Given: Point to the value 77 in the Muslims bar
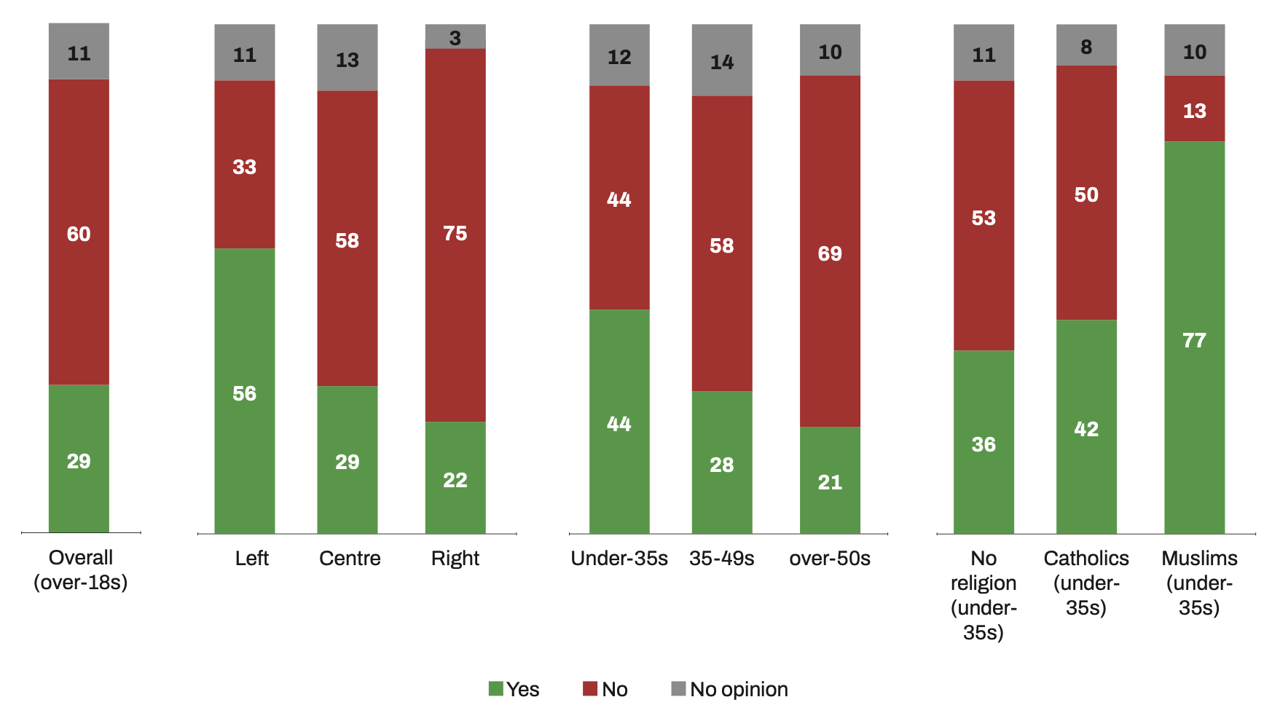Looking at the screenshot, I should (x=1194, y=340).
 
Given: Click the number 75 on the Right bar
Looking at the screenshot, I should (x=455, y=233).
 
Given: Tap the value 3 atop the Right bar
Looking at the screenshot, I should (x=455, y=38).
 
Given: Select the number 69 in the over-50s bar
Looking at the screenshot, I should (x=830, y=253).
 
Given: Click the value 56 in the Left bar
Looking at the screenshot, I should (x=245, y=393).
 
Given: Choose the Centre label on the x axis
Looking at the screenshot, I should (x=350, y=559).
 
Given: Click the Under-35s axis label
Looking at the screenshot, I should (x=619, y=559).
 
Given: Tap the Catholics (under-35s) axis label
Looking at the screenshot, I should (x=1086, y=583).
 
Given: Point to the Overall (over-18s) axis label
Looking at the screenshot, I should (x=80, y=570).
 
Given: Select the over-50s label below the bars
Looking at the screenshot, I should (x=830, y=559).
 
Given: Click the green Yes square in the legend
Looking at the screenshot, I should (x=495, y=688).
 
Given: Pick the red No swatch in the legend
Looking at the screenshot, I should (x=590, y=688).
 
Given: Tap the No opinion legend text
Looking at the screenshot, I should (x=739, y=689).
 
